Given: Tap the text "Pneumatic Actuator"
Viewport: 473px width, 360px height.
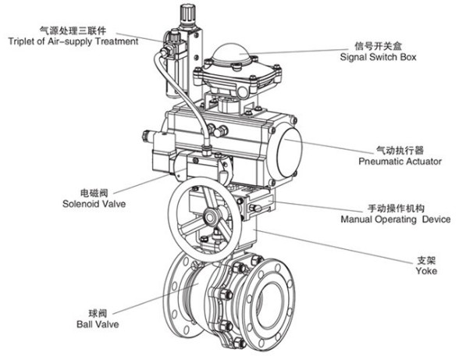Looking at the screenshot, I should click(400, 162).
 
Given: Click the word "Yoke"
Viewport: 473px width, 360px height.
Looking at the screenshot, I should click(425, 271).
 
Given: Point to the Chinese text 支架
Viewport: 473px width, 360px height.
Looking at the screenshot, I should click(425, 261).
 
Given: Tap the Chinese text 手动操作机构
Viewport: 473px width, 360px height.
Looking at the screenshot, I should click(396, 209).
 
